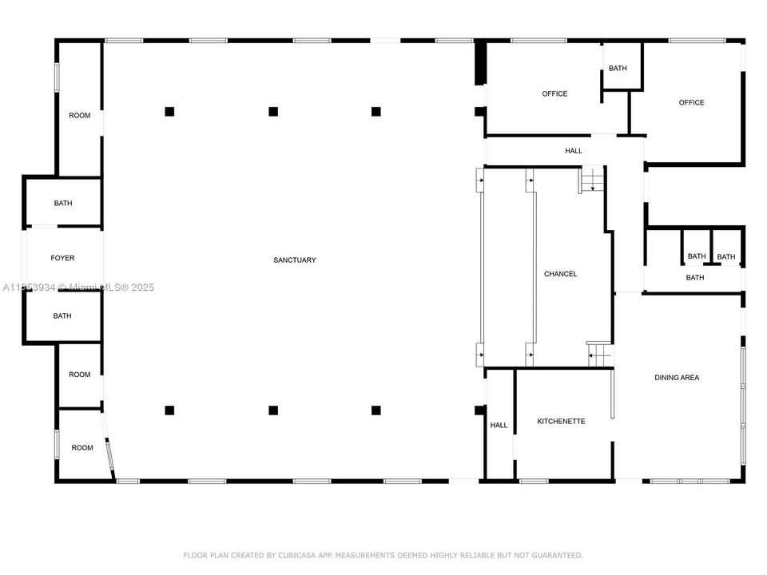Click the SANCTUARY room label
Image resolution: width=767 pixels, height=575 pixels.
(295, 260)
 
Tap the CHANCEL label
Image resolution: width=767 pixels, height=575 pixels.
(560, 274)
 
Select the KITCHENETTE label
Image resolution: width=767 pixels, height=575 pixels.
(561, 421)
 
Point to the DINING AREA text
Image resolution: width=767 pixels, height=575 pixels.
(677, 378)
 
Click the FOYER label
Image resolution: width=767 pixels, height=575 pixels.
(62, 258)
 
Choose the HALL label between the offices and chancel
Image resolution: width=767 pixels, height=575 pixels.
(574, 151)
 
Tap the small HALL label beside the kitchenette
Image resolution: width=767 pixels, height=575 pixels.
(499, 426)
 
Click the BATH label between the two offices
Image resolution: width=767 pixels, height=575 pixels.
(618, 69)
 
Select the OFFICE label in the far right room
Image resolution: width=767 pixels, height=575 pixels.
(691, 102)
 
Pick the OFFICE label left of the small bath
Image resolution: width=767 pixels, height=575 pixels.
(554, 94)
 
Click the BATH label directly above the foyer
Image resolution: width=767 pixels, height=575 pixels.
(62, 204)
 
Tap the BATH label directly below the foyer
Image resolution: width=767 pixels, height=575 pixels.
(62, 316)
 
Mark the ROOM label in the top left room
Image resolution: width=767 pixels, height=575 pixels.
(79, 116)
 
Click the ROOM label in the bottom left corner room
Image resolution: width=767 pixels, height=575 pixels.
(82, 448)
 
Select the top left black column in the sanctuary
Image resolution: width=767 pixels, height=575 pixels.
(169, 112)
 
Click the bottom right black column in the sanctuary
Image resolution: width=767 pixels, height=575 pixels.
(376, 410)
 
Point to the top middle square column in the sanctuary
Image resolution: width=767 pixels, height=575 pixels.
(273, 112)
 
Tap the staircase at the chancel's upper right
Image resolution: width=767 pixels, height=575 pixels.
(591, 180)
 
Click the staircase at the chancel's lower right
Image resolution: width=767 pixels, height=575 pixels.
(600, 354)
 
